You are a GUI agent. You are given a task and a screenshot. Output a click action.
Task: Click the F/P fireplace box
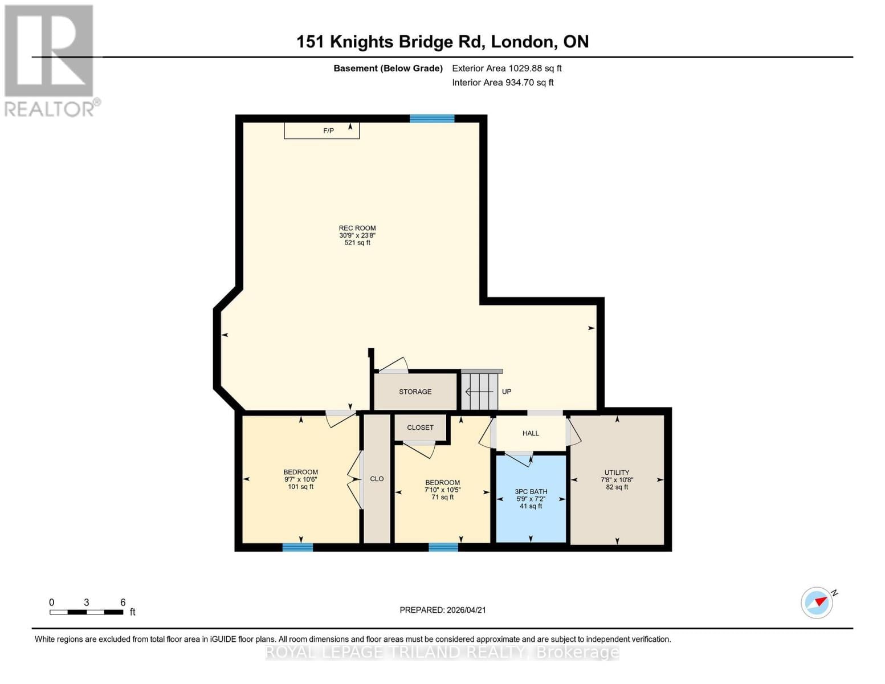(322, 131)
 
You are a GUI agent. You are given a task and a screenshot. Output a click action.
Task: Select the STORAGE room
(415, 392)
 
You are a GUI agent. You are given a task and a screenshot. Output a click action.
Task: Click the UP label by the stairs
(507, 392)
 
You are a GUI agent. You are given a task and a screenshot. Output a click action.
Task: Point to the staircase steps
(480, 391)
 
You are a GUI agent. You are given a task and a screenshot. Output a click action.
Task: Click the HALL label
(531, 433)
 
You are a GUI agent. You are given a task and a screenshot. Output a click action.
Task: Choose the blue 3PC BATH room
(531, 498)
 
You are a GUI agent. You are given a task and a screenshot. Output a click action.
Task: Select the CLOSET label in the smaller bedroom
(420, 427)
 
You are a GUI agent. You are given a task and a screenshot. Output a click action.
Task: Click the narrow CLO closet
(377, 479)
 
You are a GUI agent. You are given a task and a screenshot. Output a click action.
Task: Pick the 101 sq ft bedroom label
(300, 479)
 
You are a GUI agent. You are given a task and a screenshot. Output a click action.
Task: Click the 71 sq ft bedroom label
(442, 490)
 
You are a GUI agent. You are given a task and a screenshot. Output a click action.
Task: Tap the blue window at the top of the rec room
(432, 119)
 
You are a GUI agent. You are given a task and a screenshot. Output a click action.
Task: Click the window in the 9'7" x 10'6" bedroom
(297, 547)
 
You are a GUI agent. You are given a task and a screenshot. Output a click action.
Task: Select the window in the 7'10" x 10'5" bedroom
(443, 547)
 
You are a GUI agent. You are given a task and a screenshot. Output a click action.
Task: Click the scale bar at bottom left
(86, 612)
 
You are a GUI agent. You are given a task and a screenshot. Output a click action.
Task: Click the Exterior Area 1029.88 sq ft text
(507, 68)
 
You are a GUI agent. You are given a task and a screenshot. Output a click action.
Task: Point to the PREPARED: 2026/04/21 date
(443, 610)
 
